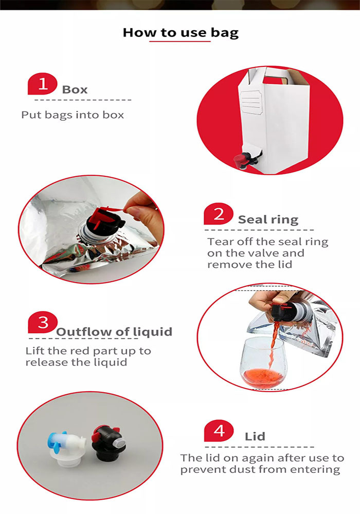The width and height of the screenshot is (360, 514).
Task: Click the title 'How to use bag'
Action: tap(181, 33)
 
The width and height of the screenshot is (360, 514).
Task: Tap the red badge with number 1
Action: tap(43, 84)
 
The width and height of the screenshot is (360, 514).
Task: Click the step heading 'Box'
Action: tap(75, 89)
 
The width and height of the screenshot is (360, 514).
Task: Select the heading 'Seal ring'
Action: tap(268, 219)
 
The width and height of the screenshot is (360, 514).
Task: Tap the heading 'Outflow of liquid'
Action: tap(114, 332)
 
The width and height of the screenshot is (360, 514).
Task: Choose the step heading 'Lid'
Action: tap(255, 436)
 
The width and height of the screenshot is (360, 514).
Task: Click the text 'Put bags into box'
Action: tap(73, 115)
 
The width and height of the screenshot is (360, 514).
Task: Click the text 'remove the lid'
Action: tap(249, 264)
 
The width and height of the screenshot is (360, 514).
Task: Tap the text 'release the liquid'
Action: tap(76, 362)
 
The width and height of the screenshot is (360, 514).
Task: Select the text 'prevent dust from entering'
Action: tap(260, 469)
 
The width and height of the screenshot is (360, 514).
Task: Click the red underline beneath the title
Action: tap(180, 41)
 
